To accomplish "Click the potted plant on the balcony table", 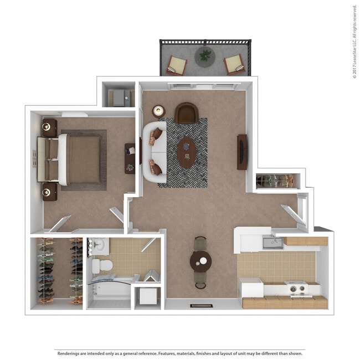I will [205, 55].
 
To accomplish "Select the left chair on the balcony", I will [178, 65].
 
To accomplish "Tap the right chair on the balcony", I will [233, 65].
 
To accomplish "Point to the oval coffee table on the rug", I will [186, 152].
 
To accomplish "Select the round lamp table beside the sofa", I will [159, 110].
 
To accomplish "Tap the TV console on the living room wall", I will [242, 152].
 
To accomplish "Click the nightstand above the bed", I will [50, 127].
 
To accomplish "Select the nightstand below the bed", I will [50, 192].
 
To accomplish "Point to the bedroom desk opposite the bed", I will [130, 158].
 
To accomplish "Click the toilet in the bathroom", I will [100, 265].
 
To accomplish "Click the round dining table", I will [200, 260].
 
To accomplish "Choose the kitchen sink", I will [271, 241].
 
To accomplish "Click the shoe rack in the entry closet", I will [277, 181].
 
